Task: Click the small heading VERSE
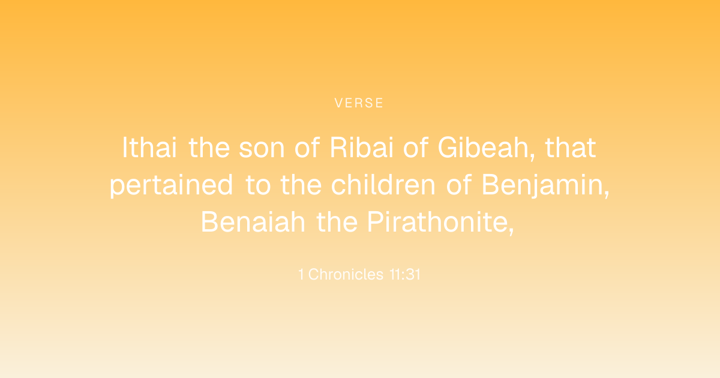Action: coord(359,103)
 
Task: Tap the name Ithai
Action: coord(149,148)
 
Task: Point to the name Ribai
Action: coord(362,148)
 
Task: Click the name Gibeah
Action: coord(483,148)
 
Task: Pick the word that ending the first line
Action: coord(571,148)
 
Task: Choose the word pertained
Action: coord(171,185)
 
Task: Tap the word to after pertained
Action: coord(258,185)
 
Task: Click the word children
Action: coord(383,185)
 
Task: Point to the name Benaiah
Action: coord(253,222)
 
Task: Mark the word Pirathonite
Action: coord(437,222)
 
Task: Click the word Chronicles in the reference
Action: coord(346,274)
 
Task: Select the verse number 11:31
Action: coord(404,275)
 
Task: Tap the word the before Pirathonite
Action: coord(337,222)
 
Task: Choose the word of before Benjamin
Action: coord(458,185)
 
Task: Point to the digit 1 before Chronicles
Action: coord(301,275)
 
